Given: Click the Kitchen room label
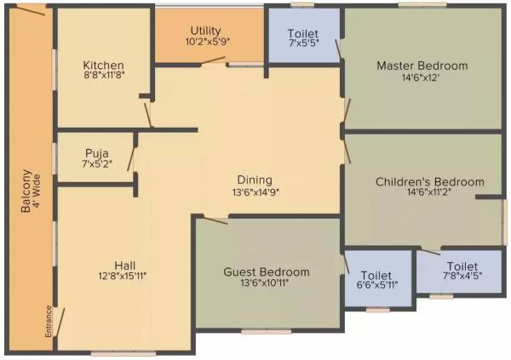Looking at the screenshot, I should pyautogui.click(x=104, y=66).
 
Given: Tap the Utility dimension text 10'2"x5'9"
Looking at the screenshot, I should pyautogui.click(x=208, y=41).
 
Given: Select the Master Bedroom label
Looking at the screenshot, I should pyautogui.click(x=422, y=66).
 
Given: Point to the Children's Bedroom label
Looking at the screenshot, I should pyautogui.click(x=429, y=181).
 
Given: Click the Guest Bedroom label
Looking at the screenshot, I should pyautogui.click(x=266, y=271).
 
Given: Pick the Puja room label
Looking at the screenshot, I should pyautogui.click(x=95, y=153).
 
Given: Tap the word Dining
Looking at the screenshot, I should pyautogui.click(x=254, y=180).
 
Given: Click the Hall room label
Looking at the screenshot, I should pyautogui.click(x=126, y=264).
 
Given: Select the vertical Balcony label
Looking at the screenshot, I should pyautogui.click(x=27, y=197).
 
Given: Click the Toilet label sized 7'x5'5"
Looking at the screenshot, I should pyautogui.click(x=304, y=31).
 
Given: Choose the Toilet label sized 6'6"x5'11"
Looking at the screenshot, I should pyautogui.click(x=376, y=275).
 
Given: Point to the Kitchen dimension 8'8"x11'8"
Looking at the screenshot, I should pyautogui.click(x=103, y=77).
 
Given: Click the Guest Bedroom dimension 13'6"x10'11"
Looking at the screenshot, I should pyautogui.click(x=266, y=283).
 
